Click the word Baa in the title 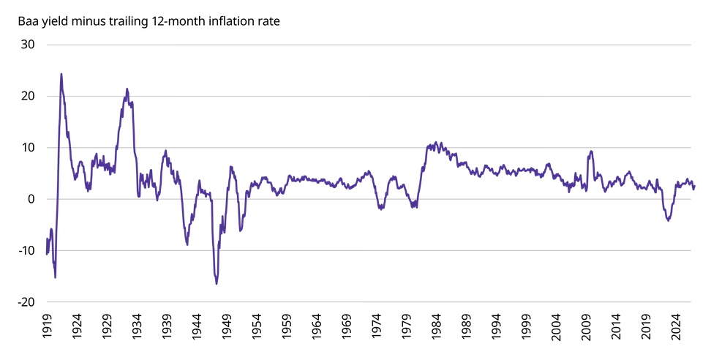click(x=27, y=21)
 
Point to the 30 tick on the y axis click(x=28, y=45)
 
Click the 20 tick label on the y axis click(x=28, y=96)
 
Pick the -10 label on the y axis click(x=26, y=250)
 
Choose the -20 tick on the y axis click(x=26, y=302)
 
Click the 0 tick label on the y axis click(x=31, y=199)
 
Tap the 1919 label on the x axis click(x=47, y=326)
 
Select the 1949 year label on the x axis click(x=227, y=326)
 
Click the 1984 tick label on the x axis click(x=437, y=326)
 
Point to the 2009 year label click(x=587, y=326)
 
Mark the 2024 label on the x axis click(x=677, y=326)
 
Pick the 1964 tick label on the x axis click(x=317, y=326)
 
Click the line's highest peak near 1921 click(x=61, y=74)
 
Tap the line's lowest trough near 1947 click(x=217, y=284)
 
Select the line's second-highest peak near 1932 click(x=127, y=89)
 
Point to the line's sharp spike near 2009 click(x=591, y=151)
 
